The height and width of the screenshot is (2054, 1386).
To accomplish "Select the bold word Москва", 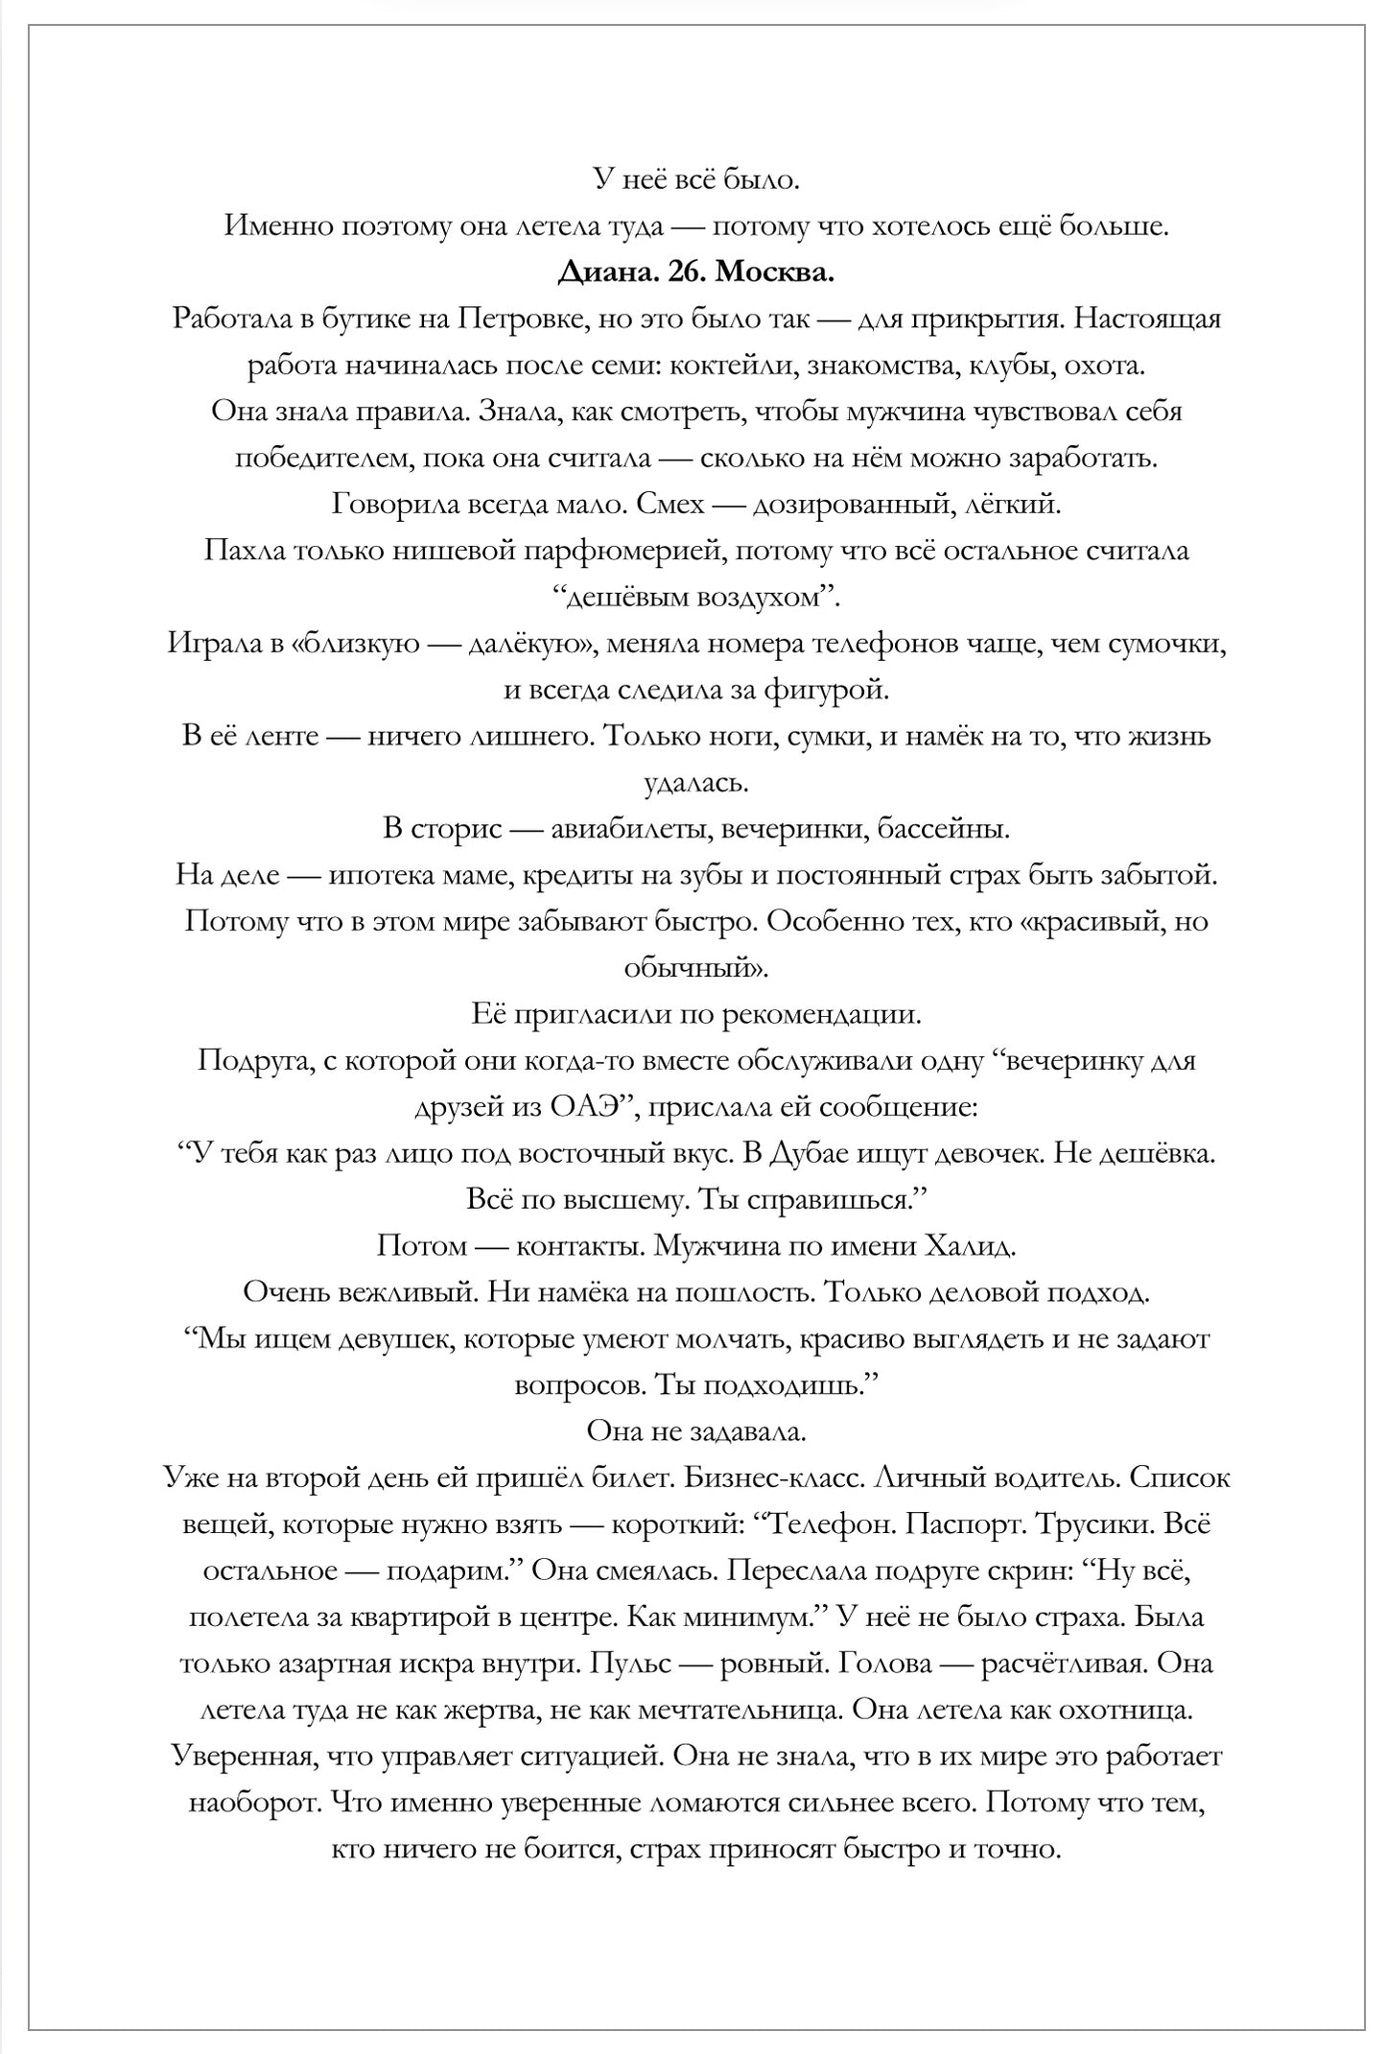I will pyautogui.click(x=775, y=272).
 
